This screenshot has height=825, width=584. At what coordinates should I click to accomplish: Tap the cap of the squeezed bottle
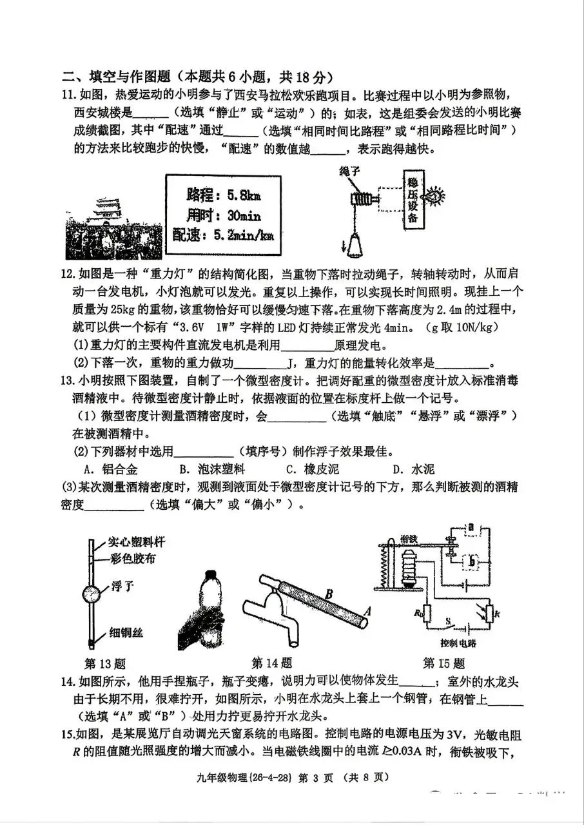coord(210,574)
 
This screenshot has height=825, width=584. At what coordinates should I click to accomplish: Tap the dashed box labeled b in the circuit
coord(472,563)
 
